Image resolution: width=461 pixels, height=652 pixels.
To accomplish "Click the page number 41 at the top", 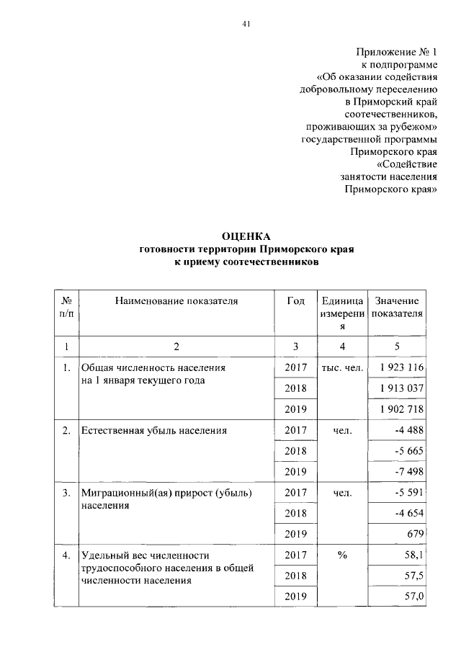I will (246, 23).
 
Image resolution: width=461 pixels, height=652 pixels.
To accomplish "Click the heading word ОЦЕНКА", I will (246, 236).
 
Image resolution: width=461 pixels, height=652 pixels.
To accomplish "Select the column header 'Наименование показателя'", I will (176, 301).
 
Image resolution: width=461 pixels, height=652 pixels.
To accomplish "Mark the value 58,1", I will (413, 555).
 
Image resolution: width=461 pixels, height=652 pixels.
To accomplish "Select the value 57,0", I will (413, 597).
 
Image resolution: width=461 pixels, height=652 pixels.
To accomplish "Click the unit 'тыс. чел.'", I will (342, 368).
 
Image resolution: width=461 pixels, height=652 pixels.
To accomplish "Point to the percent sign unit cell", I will (342, 555).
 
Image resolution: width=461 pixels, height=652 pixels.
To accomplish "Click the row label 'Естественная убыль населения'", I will (154, 431).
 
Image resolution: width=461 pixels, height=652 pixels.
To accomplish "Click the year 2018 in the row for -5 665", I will (296, 451).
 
